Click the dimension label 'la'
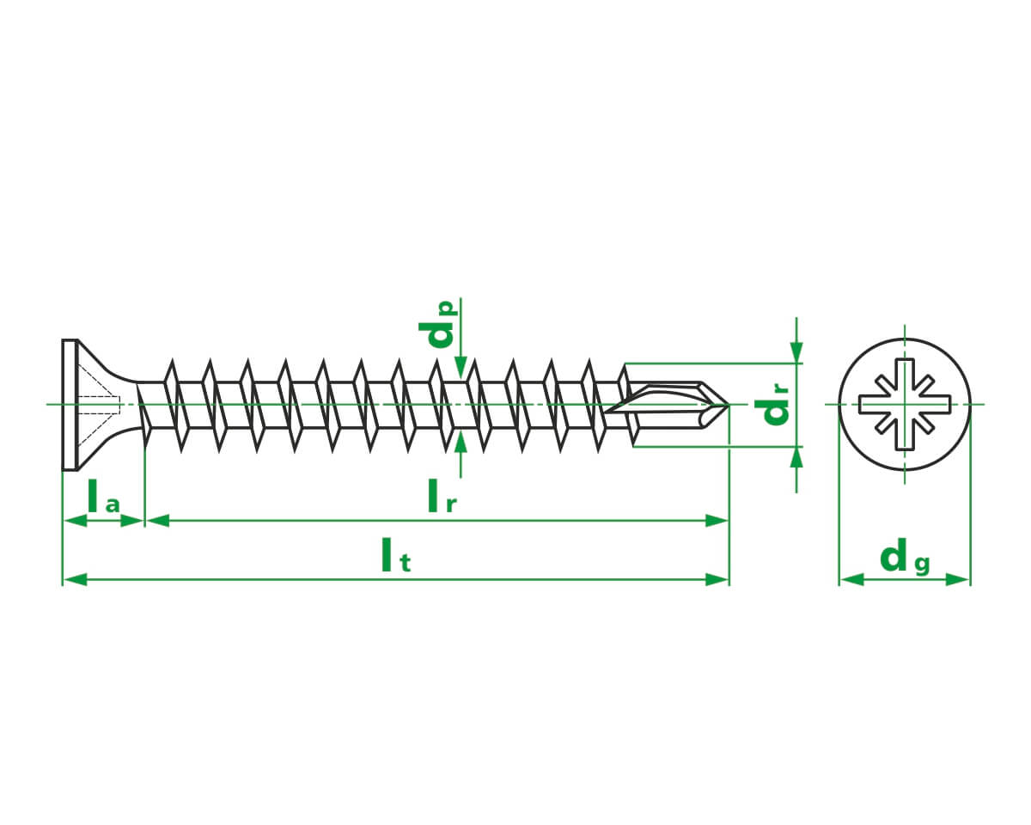coord(103,497)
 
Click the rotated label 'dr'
coord(771,404)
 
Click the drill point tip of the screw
coord(728,405)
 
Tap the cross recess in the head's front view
coord(905,404)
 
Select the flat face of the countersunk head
coord(70,405)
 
